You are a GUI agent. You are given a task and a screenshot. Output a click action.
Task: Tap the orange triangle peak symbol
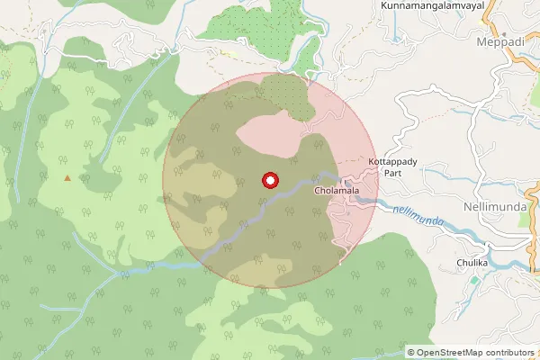tap(67, 177)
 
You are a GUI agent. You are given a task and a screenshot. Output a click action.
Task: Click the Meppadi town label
tap(499, 41)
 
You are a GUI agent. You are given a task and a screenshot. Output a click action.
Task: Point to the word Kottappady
tap(391, 161)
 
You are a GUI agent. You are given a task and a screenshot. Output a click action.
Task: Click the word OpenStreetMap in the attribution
tap(451, 352)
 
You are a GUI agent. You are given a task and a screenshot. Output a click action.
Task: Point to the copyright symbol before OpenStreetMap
tap(411, 352)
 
